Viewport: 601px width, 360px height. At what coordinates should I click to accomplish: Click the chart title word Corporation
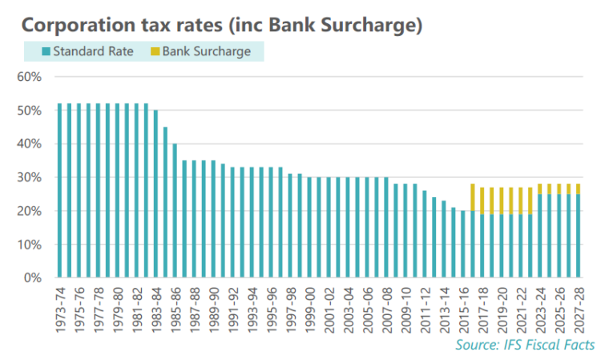point(79,26)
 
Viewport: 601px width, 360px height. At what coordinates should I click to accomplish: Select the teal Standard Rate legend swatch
point(46,51)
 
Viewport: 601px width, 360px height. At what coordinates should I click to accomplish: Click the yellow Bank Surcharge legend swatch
point(155,51)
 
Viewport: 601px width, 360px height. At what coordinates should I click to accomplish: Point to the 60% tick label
point(29,77)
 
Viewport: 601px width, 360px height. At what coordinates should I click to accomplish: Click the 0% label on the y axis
point(33,277)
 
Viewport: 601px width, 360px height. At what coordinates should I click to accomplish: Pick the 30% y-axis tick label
point(29,177)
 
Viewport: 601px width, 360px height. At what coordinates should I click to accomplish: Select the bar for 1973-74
point(59,191)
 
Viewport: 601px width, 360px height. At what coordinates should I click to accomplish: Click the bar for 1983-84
point(155,193)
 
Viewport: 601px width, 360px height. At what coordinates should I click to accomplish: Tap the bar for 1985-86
point(175,211)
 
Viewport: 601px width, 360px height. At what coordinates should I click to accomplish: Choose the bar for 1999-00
point(309,228)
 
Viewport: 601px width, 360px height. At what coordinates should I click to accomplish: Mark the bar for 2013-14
point(444,239)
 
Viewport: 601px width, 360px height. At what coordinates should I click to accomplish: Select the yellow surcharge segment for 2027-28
point(579,189)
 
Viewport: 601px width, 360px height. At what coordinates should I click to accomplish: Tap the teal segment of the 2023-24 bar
point(540,236)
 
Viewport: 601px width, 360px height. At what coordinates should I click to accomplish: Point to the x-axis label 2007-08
point(387,309)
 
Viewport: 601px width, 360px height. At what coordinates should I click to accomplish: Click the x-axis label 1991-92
point(233,309)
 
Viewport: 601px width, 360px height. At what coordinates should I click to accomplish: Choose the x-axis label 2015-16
point(464,309)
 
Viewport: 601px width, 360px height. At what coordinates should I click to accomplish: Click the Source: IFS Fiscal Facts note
point(525,345)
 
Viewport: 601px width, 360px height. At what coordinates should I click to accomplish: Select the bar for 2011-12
point(425,234)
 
